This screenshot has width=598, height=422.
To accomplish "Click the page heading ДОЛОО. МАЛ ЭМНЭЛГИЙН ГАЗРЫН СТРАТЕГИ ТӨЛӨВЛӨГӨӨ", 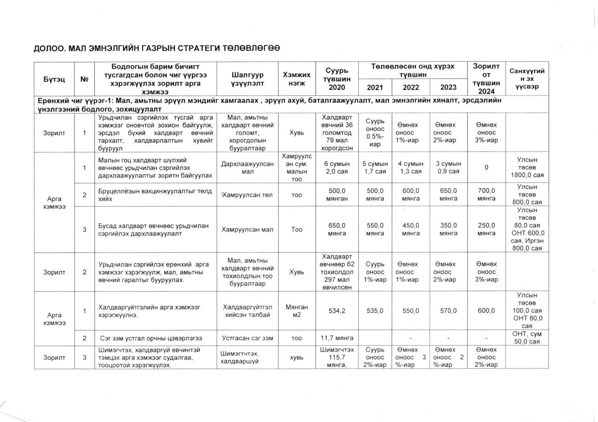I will (156, 48).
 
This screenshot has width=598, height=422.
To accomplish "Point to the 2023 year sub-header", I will (448, 87).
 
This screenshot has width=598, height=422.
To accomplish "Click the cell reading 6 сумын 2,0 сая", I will (336, 168).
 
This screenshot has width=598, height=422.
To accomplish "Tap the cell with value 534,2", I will (336, 311).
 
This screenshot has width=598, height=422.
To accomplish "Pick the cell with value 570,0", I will (448, 311).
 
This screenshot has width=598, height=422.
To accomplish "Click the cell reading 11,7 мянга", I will (336, 338).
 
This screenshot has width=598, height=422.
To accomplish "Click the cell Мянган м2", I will (297, 311).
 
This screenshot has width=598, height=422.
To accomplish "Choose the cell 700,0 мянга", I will (486, 195).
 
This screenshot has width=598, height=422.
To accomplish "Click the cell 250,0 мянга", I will (486, 229).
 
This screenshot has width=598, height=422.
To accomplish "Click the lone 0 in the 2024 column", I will (486, 168).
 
